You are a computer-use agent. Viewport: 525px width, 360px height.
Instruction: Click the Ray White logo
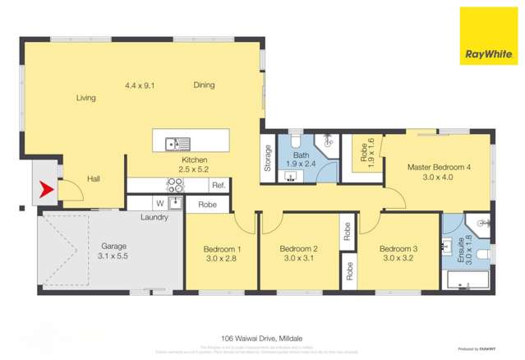tap(488, 36)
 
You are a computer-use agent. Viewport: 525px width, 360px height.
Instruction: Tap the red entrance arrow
tap(46, 194)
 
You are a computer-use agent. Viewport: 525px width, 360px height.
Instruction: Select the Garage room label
tap(113, 251)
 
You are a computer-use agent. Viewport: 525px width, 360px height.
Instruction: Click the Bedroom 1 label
tap(222, 254)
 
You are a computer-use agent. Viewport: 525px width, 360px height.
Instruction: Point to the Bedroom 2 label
tap(298, 254)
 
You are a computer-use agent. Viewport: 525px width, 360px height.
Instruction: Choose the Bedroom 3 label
tap(399, 254)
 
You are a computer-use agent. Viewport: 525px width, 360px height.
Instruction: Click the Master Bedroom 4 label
tap(440, 172)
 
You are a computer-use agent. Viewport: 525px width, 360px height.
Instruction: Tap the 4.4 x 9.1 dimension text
tap(140, 85)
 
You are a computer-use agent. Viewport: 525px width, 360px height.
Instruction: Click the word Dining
tap(205, 85)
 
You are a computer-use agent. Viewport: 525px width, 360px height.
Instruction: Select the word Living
tap(86, 98)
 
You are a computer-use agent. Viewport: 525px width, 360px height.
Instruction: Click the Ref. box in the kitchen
tap(219, 185)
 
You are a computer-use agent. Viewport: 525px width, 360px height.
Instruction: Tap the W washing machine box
tap(159, 203)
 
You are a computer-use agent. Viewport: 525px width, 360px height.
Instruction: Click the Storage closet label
tap(268, 158)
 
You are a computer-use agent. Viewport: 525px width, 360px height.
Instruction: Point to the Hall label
tap(94, 178)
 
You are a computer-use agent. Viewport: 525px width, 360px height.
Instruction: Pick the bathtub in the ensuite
tap(466, 283)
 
